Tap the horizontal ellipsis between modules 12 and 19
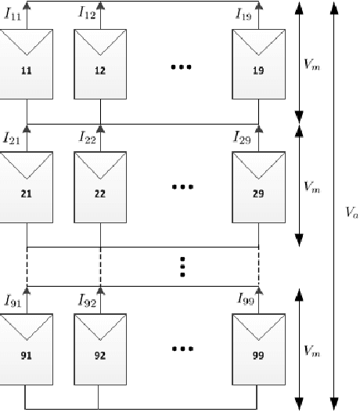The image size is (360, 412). [181, 67]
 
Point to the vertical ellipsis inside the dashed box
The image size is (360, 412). [181, 267]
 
